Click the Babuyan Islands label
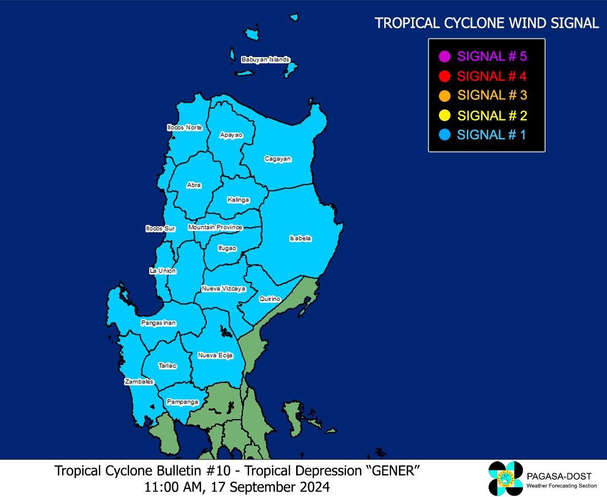[265, 59]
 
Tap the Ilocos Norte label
[185, 127]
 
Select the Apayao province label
[231, 135]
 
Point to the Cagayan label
[278, 159]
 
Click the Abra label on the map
[194, 185]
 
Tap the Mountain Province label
[215, 227]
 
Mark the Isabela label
[300, 238]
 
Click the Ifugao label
[227, 248]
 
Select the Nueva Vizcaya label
[223, 288]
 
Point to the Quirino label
[270, 299]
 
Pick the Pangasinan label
[158, 323]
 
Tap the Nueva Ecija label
[216, 355]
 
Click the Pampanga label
[183, 402]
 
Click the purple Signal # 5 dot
[445, 56]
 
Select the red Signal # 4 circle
[445, 76]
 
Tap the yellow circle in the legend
[445, 116]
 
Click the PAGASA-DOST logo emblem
[505, 478]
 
